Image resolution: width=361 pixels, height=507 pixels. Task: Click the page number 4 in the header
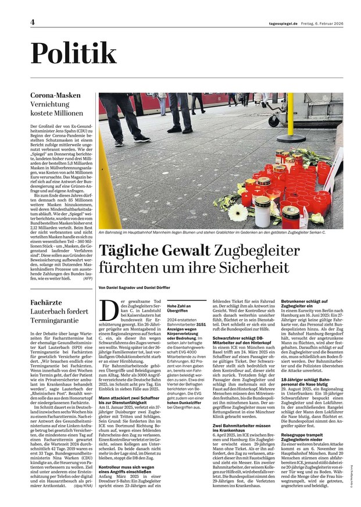[x=33, y=22]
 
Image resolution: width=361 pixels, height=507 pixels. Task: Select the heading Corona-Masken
[x=55, y=95]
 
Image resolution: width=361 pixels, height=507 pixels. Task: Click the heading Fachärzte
[x=47, y=302]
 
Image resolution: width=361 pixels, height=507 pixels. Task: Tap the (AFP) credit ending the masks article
[x=87, y=279]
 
